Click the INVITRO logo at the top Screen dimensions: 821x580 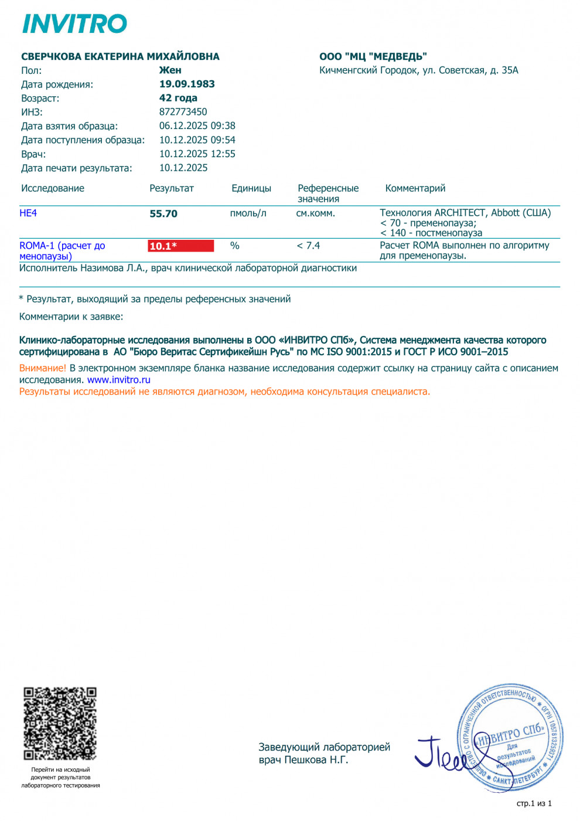pos(74,24)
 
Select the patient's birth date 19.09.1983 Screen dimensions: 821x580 pos(187,84)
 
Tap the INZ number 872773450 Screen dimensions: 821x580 pos(183,111)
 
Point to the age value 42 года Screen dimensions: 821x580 pos(178,98)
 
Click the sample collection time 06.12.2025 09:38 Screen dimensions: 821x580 pos(197,125)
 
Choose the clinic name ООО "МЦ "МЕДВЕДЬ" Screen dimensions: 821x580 pos(373,56)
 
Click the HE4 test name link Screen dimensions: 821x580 pos(28,213)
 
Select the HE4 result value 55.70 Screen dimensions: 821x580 pos(163,214)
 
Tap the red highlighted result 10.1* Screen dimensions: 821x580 pos(180,246)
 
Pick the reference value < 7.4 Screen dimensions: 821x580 pos(308,246)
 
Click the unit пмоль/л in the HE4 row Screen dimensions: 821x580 pos(248,213)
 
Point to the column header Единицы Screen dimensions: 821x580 pos(251,188)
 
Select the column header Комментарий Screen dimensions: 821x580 pos(415,188)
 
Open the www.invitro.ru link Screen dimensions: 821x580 pos(119,380)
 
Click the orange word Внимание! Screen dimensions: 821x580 pos(43,368)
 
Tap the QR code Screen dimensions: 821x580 pos(60,724)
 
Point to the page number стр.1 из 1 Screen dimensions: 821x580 pos(534,803)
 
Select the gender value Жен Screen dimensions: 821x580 pos(170,70)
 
